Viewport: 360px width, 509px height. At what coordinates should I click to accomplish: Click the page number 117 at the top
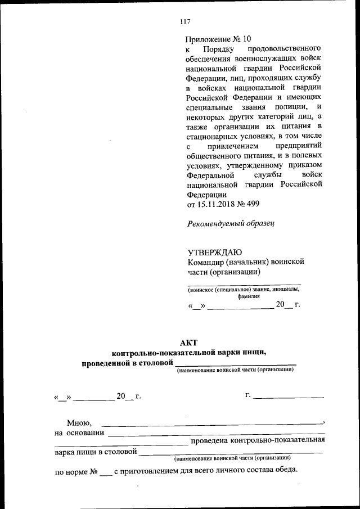pos(185,22)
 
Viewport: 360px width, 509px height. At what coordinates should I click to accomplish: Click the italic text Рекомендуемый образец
pos(230,223)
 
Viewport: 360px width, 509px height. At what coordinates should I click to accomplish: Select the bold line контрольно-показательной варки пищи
pos(188,353)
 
